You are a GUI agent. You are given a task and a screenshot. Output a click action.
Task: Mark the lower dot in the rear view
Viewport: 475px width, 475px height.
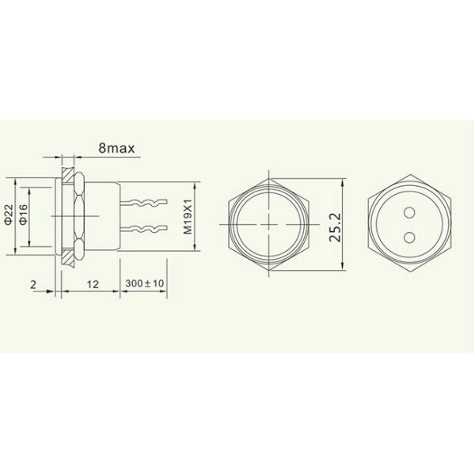pyautogui.click(x=409, y=235)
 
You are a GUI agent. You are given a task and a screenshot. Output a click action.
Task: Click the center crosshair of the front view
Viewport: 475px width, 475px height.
pyautogui.click(x=269, y=222)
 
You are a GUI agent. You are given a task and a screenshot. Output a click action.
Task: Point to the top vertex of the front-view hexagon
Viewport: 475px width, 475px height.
pyautogui.click(x=269, y=171)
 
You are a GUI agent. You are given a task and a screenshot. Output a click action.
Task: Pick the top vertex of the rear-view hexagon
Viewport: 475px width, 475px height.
pyautogui.click(x=409, y=171)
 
